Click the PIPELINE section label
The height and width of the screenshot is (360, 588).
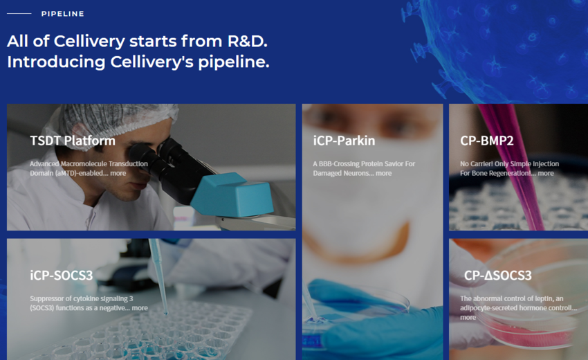click(63, 14)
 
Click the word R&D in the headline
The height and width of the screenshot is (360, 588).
click(248, 41)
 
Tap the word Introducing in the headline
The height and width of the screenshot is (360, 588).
click(56, 62)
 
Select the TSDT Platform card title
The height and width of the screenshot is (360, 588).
click(73, 141)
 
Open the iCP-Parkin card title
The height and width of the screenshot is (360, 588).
click(344, 141)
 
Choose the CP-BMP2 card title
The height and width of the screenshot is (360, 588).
click(487, 141)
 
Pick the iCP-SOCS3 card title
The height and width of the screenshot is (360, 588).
click(62, 276)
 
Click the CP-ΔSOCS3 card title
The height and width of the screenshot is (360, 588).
click(497, 276)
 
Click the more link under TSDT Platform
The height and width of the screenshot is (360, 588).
click(118, 173)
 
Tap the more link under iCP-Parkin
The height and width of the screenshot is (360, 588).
click(384, 173)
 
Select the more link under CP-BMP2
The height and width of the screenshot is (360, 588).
click(546, 173)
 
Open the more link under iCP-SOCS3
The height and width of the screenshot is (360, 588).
click(140, 308)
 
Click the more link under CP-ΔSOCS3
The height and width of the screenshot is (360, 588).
click(468, 317)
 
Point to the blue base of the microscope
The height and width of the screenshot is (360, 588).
click(232, 195)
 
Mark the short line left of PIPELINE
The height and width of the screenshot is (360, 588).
click(19, 14)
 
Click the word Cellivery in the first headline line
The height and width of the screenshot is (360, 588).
click(89, 42)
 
